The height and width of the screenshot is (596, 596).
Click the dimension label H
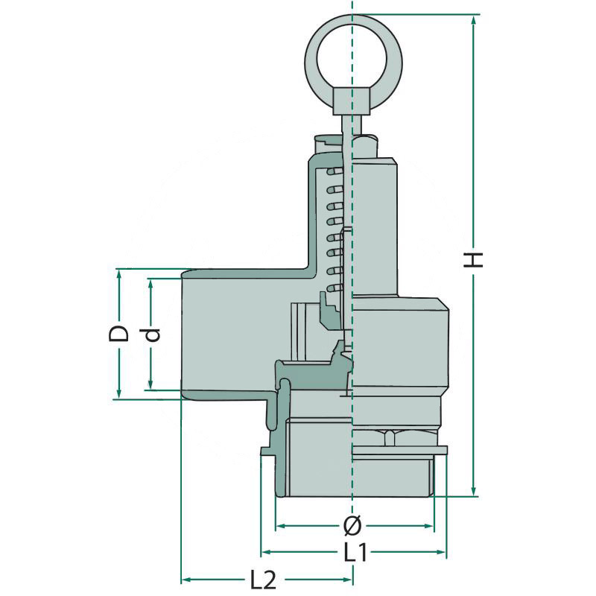click(x=473, y=260)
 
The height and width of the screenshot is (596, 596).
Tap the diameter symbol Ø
click(x=352, y=526)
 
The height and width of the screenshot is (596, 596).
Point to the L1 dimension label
click(x=356, y=552)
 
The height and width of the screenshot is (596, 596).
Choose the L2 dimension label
click(x=263, y=580)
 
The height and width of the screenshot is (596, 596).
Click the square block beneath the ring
click(x=352, y=101)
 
